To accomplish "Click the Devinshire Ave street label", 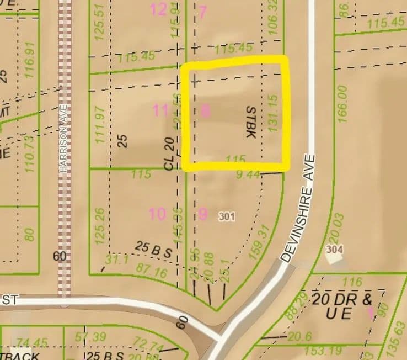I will (298, 209).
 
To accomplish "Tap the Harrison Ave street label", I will (65, 138).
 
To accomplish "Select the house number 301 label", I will (226, 216).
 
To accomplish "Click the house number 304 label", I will (334, 250).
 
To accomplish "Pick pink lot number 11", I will (160, 110).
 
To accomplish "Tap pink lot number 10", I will (157, 214).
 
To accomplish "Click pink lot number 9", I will (202, 214).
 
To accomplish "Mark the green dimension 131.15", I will (272, 113).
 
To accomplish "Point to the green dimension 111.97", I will (100, 125).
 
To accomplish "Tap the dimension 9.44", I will (248, 176).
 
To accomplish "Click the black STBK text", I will (249, 123).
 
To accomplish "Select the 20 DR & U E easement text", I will (342, 307).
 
